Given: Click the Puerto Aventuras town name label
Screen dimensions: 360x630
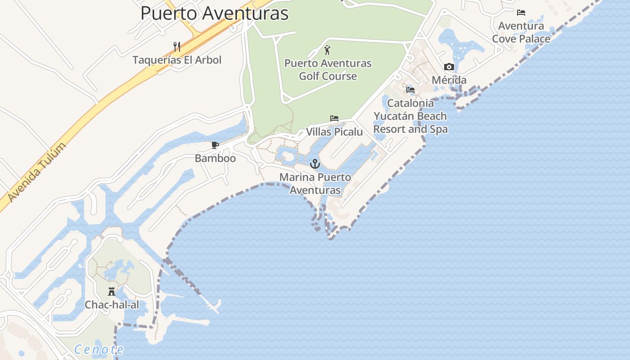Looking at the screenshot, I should pyautogui.click(x=214, y=13).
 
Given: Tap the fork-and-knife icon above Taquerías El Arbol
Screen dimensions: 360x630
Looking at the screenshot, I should pyautogui.click(x=177, y=46).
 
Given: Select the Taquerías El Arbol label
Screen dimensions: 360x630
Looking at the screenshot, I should pyautogui.click(x=177, y=60).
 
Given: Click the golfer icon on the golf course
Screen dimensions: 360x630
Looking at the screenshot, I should pyautogui.click(x=328, y=49).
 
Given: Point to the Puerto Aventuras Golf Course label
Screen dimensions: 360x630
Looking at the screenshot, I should pyautogui.click(x=328, y=69).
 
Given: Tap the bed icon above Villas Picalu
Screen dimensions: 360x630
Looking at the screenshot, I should pyautogui.click(x=334, y=118).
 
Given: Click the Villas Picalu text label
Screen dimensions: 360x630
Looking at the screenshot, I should pyautogui.click(x=334, y=132).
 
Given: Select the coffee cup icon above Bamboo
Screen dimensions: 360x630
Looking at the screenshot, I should pyautogui.click(x=215, y=145).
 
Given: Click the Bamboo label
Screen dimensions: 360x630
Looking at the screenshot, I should pyautogui.click(x=215, y=158).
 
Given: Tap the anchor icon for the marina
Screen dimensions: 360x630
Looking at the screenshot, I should pyautogui.click(x=315, y=164).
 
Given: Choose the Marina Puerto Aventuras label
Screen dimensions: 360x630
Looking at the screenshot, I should pyautogui.click(x=315, y=184).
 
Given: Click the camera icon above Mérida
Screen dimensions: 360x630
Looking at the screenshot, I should pyautogui.click(x=449, y=67).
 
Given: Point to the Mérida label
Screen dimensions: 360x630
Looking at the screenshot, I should pyautogui.click(x=449, y=80).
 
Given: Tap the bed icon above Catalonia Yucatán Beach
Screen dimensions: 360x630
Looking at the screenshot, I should pyautogui.click(x=410, y=90).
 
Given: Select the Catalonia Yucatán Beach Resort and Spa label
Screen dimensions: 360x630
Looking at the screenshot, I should pyautogui.click(x=410, y=116).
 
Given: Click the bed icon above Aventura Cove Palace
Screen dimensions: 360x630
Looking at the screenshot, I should pyautogui.click(x=521, y=13).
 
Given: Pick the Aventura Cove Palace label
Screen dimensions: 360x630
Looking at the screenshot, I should pyautogui.click(x=521, y=32).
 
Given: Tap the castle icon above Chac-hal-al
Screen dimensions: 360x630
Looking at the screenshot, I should pyautogui.click(x=112, y=292).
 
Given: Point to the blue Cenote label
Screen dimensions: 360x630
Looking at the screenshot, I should pyautogui.click(x=99, y=349).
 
